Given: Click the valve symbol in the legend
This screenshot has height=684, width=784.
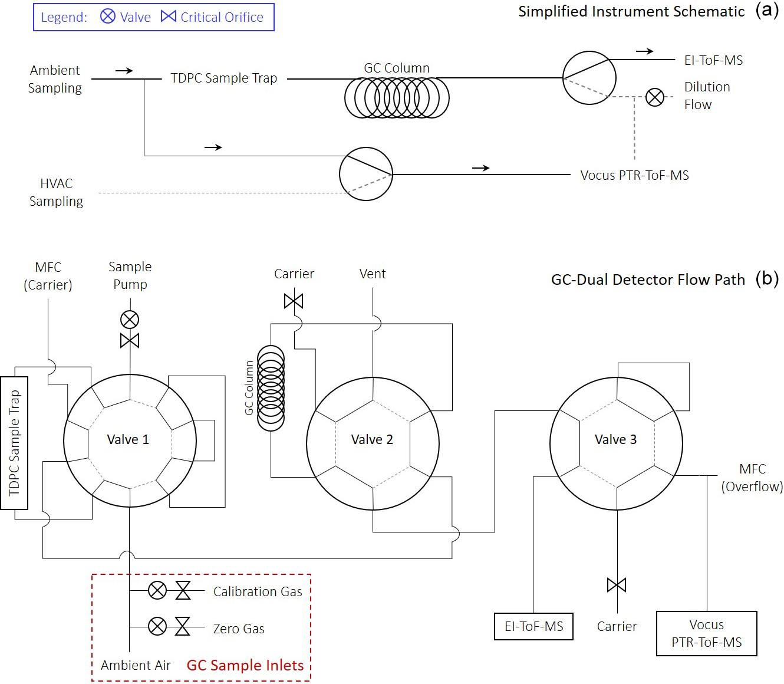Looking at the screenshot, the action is click(108, 17).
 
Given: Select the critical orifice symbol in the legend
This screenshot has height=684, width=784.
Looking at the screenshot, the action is click(169, 17).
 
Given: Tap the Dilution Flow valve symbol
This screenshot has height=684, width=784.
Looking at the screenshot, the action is click(654, 97).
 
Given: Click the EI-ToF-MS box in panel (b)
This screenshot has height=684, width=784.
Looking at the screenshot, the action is click(533, 627).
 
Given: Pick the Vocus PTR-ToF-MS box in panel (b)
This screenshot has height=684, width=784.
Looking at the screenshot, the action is click(707, 633).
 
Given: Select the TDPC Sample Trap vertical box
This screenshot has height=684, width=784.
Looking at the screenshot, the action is click(14, 443).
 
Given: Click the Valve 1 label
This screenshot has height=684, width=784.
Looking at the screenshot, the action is click(128, 439).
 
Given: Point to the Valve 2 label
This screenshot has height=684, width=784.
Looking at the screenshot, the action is click(372, 439).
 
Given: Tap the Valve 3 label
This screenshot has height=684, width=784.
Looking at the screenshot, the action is click(615, 439).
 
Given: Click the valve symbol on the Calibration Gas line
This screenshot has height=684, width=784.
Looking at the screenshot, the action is click(157, 590).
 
